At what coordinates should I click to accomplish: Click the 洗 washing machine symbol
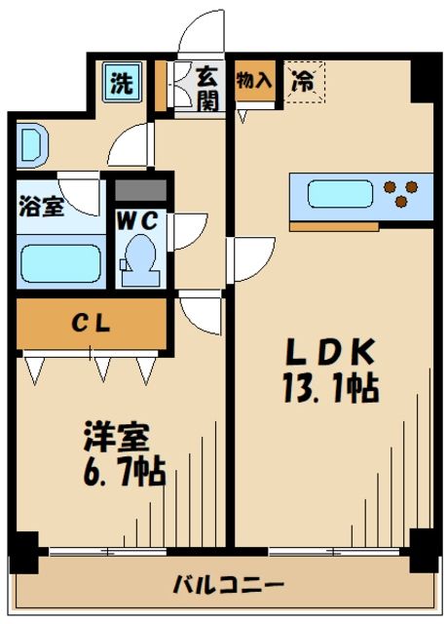119,83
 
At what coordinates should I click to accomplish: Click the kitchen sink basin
338,194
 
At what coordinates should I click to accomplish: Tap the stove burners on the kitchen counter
403,193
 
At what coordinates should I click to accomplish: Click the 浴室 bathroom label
41,208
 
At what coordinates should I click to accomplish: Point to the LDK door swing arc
249,257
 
